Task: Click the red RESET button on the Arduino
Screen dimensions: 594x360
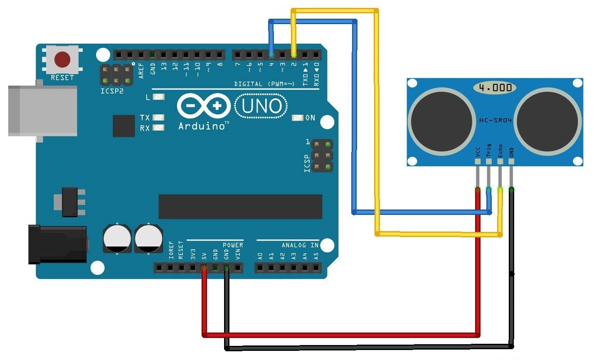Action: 62,59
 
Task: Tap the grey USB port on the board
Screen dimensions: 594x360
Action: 43,111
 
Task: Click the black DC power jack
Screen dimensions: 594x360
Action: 58,244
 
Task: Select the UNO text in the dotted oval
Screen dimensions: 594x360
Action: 261,106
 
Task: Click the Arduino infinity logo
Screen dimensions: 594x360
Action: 204,106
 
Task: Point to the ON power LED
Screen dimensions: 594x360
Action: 297,118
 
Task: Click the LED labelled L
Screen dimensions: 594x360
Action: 158,97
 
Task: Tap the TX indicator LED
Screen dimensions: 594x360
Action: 158,117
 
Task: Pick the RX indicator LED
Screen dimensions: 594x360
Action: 158,128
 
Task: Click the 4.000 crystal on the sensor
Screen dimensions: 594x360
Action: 495,88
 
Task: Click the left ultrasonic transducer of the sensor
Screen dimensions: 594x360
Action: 441,121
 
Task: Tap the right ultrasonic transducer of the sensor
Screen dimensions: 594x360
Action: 547,121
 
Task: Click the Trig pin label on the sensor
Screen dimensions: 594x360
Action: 489,150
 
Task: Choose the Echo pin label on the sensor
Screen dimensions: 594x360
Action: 500,150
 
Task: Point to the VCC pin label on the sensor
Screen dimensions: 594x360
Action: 478,152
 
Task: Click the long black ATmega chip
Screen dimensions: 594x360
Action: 240,207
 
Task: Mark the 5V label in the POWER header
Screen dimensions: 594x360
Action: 204,256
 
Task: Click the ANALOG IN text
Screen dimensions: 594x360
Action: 300,245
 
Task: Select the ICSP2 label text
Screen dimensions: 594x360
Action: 112,91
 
